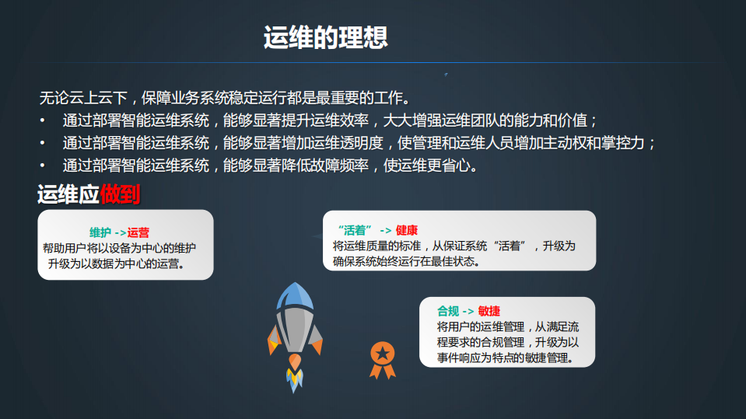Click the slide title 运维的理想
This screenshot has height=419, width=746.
(325, 38)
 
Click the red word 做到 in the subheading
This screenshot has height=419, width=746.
(120, 194)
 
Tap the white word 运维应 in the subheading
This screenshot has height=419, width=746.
(68, 194)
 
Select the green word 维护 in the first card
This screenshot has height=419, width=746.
(100, 232)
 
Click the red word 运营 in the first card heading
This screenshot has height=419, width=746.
(138, 232)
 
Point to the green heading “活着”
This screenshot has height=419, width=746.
(355, 231)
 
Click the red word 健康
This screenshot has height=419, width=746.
(407, 231)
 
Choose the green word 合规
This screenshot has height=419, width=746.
(448, 311)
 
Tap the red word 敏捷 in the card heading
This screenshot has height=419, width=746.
(489, 311)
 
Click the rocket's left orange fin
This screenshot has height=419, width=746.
(273, 339)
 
